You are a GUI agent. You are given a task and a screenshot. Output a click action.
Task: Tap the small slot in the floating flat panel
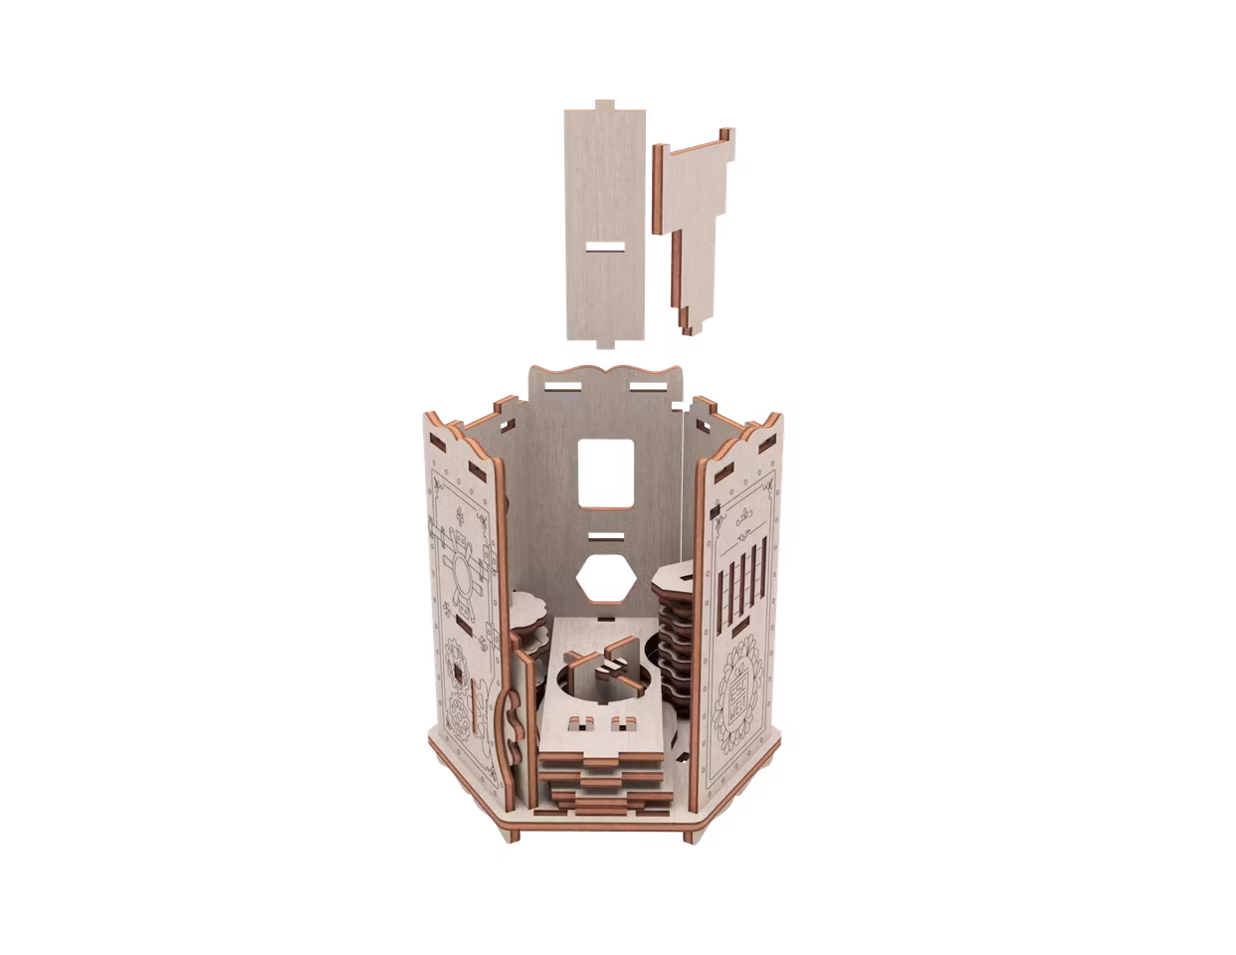(601, 248)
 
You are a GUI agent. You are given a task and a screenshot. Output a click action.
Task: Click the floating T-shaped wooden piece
(696, 219)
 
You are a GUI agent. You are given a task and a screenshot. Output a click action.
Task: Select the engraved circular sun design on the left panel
(462, 578)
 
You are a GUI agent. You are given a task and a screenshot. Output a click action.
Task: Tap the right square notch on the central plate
(627, 719)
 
